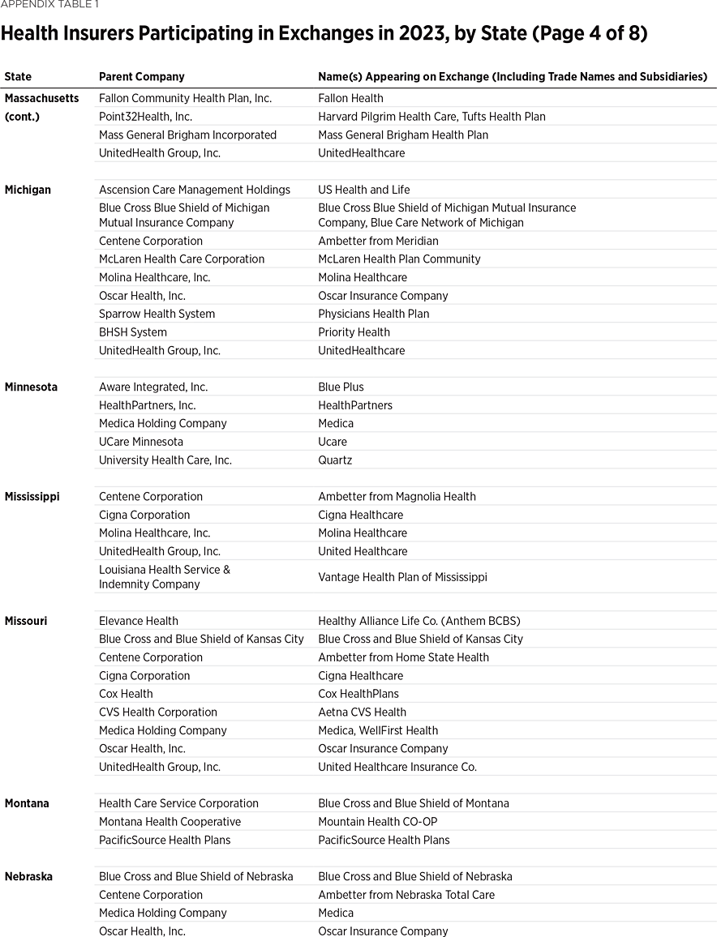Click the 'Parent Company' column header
[141, 77]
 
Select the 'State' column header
[18, 77]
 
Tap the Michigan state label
[28, 190]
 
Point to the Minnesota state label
[31, 387]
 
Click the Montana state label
[27, 803]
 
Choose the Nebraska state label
[28, 876]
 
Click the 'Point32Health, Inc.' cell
[145, 117]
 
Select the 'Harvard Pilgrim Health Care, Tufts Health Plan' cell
[431, 117]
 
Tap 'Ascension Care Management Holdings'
[194, 190]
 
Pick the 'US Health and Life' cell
[363, 190]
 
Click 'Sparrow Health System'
[157, 314]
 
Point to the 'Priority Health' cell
[354, 332]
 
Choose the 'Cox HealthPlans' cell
[358, 694]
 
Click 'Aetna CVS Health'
[362, 712]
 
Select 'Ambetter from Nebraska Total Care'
[406, 895]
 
